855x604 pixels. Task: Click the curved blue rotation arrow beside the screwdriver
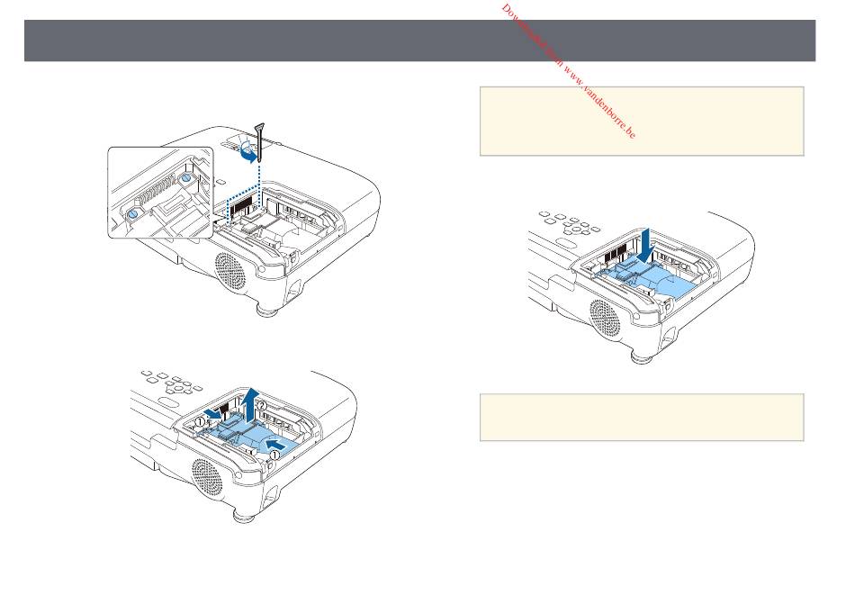[246, 153]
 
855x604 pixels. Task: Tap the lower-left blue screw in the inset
[131, 214]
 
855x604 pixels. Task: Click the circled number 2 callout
[262, 406]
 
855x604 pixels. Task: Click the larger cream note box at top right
[641, 121]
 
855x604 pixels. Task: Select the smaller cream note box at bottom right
[641, 416]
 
